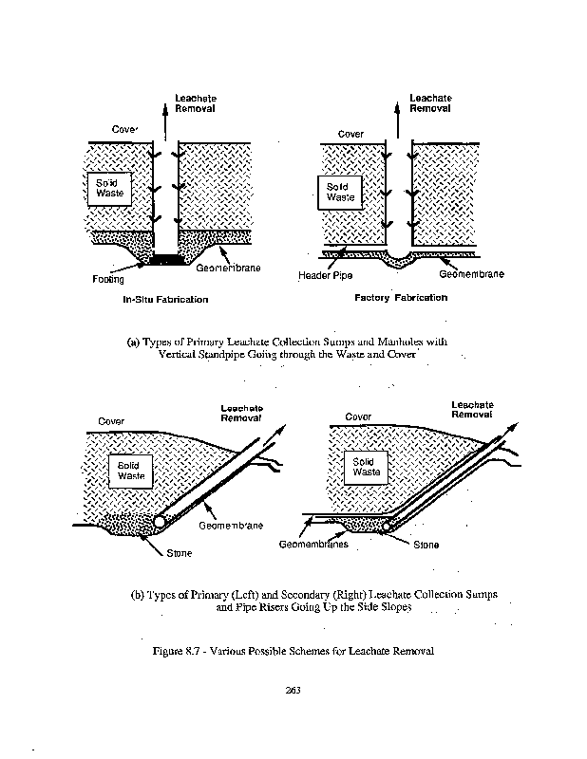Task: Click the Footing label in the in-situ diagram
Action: [107, 279]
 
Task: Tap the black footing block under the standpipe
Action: [166, 258]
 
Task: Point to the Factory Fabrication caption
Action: [400, 297]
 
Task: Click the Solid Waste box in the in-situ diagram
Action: [104, 187]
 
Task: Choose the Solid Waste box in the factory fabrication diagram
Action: [340, 192]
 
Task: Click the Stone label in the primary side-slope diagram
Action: [180, 553]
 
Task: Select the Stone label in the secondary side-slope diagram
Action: [426, 545]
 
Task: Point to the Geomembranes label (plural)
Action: [313, 546]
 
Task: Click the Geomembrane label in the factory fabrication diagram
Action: [471, 274]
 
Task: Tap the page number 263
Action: [293, 689]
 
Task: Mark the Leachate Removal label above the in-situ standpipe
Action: [196, 103]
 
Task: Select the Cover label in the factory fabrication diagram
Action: [351, 134]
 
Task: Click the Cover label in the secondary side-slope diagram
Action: [358, 416]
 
